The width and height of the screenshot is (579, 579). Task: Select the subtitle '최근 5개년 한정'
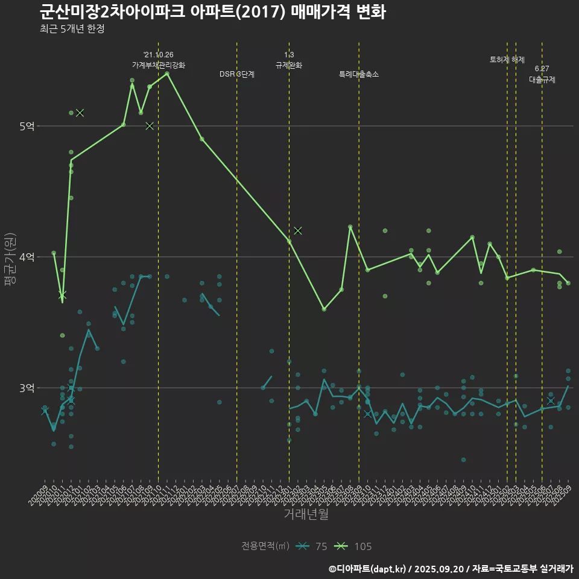point(72,29)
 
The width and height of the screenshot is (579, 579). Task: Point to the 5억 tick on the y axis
point(27,126)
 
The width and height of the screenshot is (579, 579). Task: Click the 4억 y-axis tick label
point(27,257)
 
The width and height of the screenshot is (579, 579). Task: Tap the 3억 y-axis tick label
point(27,388)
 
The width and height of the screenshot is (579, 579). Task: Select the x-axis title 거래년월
point(306,514)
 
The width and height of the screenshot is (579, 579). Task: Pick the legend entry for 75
point(313,546)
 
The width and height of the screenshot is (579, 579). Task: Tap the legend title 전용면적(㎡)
point(265,546)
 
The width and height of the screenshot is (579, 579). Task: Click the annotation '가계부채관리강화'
point(159,65)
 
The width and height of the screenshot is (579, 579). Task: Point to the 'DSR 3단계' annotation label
point(237,74)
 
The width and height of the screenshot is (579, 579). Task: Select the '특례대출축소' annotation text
point(359,74)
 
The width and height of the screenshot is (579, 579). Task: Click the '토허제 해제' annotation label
point(507,60)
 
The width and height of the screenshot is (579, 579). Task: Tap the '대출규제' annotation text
point(542,79)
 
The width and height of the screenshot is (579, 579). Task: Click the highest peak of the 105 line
point(167,74)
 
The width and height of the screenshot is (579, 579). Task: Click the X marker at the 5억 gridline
point(150,125)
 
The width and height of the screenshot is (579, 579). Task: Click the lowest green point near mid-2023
point(324,309)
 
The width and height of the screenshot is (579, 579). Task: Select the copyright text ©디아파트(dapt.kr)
point(367,568)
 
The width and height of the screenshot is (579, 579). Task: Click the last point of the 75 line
point(568,386)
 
